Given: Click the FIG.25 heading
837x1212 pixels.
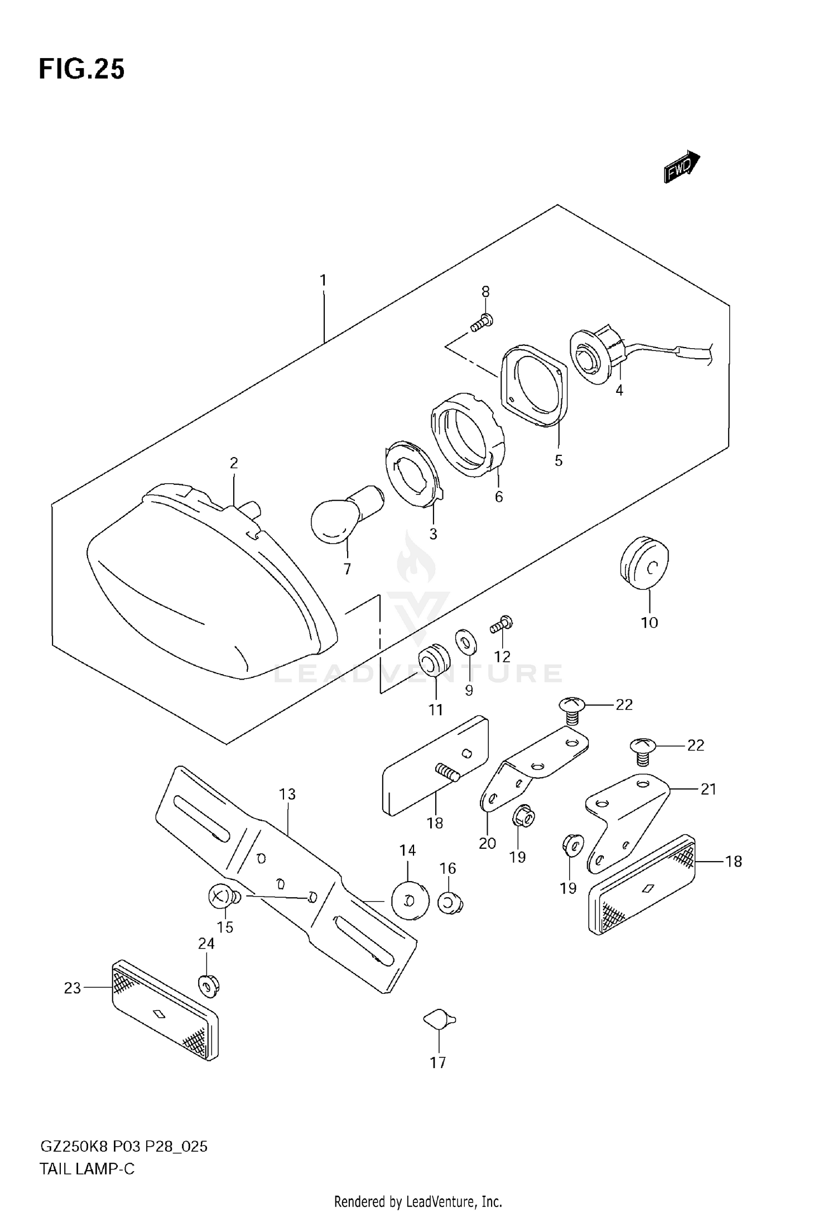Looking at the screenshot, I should (81, 70).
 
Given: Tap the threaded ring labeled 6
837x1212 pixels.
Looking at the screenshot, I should (469, 441).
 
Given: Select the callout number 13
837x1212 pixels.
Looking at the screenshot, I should (287, 794).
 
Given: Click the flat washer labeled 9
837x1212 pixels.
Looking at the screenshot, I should (465, 642).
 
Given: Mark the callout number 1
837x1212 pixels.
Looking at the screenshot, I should (323, 280).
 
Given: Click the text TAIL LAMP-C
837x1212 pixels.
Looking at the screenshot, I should (87, 1168).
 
